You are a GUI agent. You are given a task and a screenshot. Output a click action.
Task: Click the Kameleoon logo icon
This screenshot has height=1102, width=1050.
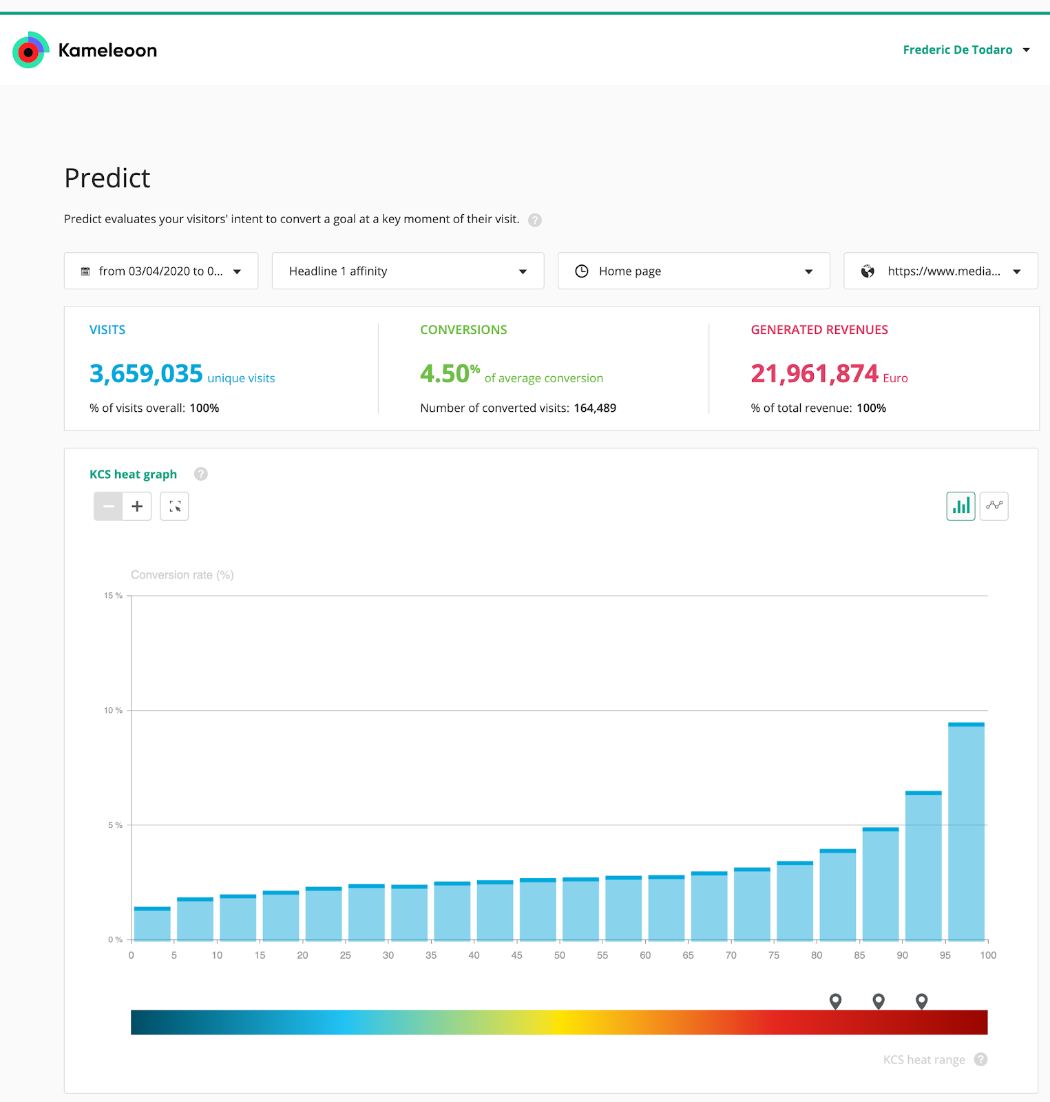30,50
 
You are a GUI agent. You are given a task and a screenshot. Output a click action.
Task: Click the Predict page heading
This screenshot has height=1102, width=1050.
107,178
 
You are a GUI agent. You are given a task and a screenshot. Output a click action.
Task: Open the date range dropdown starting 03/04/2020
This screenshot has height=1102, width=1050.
161,271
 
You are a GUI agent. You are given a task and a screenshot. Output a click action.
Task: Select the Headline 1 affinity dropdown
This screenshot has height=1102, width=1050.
408,271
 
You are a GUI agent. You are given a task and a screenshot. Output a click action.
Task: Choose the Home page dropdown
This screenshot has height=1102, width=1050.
693,271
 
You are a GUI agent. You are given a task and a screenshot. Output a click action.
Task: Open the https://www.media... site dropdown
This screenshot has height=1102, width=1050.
940,271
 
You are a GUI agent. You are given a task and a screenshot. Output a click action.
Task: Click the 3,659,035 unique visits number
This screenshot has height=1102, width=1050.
146,374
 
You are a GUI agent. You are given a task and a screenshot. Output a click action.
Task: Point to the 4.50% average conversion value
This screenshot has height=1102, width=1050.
449,374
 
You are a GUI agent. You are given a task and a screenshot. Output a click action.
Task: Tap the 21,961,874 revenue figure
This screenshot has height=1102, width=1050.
815,374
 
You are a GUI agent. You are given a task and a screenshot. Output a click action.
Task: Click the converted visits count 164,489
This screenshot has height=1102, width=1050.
595,408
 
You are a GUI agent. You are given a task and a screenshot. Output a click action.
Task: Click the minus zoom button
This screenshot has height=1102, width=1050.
108,506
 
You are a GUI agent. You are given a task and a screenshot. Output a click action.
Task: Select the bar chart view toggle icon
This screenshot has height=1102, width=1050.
960,506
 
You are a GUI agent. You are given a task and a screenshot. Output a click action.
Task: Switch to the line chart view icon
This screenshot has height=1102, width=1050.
994,506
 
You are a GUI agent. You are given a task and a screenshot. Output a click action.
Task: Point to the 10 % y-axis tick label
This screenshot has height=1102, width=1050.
113,710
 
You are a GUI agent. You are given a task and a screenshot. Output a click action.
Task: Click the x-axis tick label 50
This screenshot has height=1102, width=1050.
560,955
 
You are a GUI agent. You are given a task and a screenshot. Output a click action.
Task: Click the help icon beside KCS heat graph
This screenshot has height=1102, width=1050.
200,474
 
